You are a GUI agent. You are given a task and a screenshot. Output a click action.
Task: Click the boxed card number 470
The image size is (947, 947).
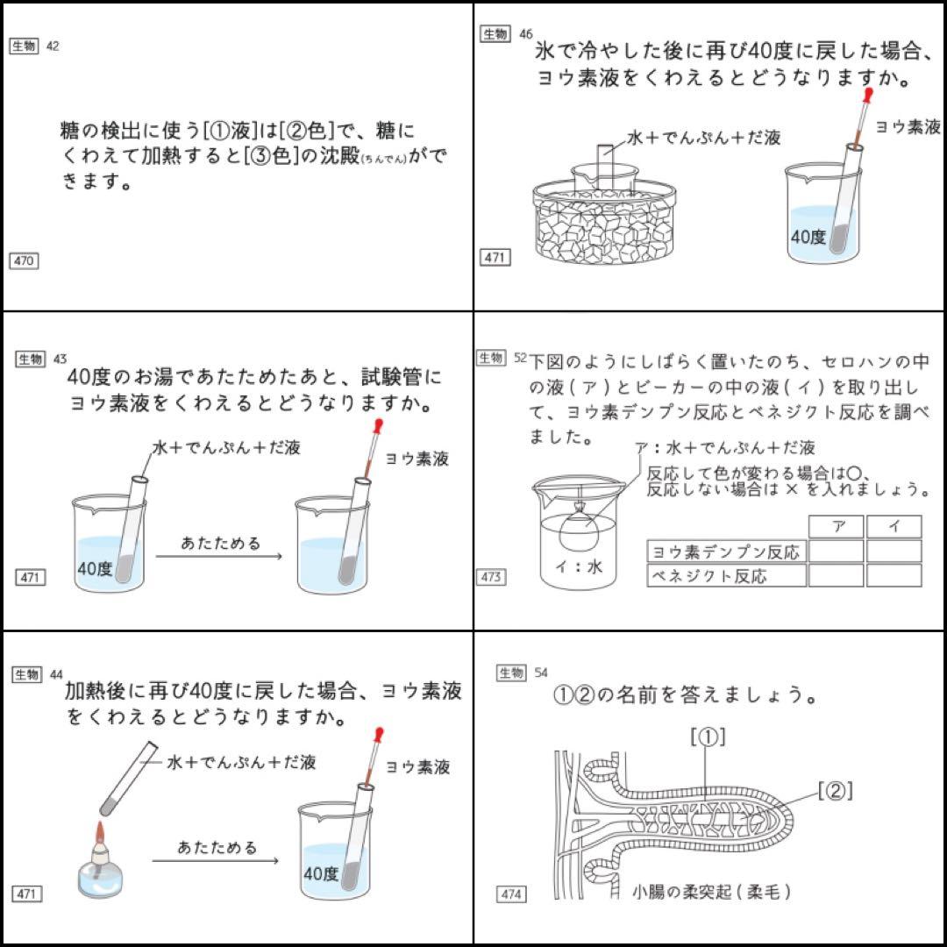[x=25, y=260]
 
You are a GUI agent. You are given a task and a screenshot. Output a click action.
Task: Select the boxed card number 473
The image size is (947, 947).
[x=491, y=577]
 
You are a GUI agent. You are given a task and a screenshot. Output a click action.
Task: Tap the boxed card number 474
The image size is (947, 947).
[x=511, y=894]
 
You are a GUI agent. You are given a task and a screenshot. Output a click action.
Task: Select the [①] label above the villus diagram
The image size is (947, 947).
[x=708, y=737]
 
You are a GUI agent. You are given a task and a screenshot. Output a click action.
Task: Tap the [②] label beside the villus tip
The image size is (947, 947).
[x=835, y=791]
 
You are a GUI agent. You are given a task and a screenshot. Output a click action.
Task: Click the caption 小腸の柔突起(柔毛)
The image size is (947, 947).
[x=712, y=892]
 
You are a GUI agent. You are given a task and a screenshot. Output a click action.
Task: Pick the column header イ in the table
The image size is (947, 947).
[x=894, y=526]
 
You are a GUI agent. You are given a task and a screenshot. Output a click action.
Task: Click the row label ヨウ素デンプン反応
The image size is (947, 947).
[x=726, y=551]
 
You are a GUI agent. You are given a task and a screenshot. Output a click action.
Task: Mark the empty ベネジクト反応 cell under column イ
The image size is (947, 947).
[x=894, y=575]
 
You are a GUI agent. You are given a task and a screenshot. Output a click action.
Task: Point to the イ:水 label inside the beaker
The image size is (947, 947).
[x=580, y=566]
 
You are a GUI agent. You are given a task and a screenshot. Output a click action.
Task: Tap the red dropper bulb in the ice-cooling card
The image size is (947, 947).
[x=867, y=92]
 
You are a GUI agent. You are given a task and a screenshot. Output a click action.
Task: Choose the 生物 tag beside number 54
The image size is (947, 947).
[x=511, y=673]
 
